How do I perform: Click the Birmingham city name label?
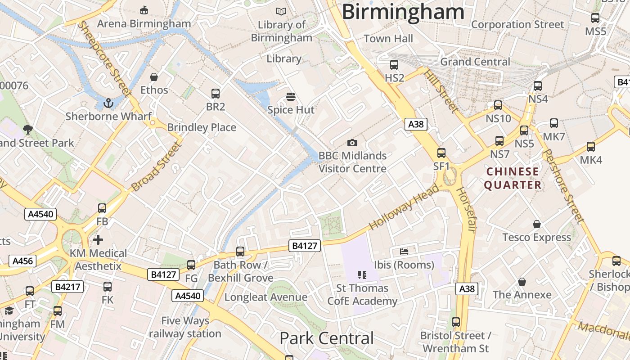(403, 12)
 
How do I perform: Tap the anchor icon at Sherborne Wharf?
(108, 104)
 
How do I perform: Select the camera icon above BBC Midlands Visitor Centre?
(352, 143)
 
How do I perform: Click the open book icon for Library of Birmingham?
(281, 11)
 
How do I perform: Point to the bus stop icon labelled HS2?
(394, 65)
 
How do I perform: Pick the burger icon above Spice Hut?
(291, 97)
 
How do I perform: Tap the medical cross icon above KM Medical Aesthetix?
(98, 240)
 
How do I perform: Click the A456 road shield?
(22, 261)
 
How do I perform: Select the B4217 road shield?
(67, 287)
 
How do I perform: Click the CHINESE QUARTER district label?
(513, 178)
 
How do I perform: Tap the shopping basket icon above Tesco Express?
(536, 224)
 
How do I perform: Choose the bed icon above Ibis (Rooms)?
(404, 252)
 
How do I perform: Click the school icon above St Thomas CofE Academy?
(362, 274)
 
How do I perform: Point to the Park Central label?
(327, 338)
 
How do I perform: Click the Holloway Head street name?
(404, 207)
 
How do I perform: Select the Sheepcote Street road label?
(103, 58)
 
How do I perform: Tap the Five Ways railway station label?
(185, 327)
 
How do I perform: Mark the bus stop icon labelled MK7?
(554, 123)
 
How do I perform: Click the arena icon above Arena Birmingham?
(144, 10)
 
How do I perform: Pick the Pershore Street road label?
(563, 186)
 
